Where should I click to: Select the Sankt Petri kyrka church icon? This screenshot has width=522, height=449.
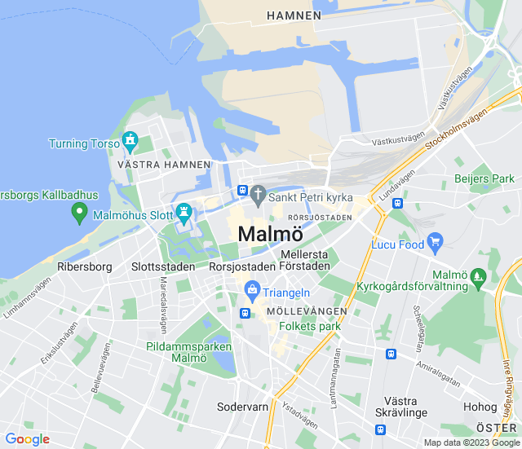pyautogui.click(x=258, y=195)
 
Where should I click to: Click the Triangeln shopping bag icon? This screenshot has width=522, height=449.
pyautogui.click(x=252, y=289)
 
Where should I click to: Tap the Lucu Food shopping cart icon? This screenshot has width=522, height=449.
pyautogui.click(x=435, y=240)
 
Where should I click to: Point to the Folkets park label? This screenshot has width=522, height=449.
pyautogui.click(x=309, y=326)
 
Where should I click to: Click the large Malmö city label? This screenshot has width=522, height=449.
pyautogui.click(x=264, y=233)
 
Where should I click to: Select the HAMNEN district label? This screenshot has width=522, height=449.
pyautogui.click(x=294, y=15)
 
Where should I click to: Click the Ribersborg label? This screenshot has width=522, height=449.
pyautogui.click(x=85, y=266)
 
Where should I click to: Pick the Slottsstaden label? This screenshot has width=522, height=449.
pyautogui.click(x=163, y=266)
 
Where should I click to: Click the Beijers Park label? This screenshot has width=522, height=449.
pyautogui.click(x=484, y=178)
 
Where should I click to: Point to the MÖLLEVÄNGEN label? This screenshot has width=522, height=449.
pyautogui.click(x=307, y=311)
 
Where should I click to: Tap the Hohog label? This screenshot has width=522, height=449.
pyautogui.click(x=480, y=407)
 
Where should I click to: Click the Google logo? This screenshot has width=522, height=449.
pyautogui.click(x=28, y=439)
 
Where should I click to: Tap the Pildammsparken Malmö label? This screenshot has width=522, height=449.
pyautogui.click(x=178, y=352)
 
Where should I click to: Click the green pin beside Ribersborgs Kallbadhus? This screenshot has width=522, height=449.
pyautogui.click(x=79, y=213)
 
